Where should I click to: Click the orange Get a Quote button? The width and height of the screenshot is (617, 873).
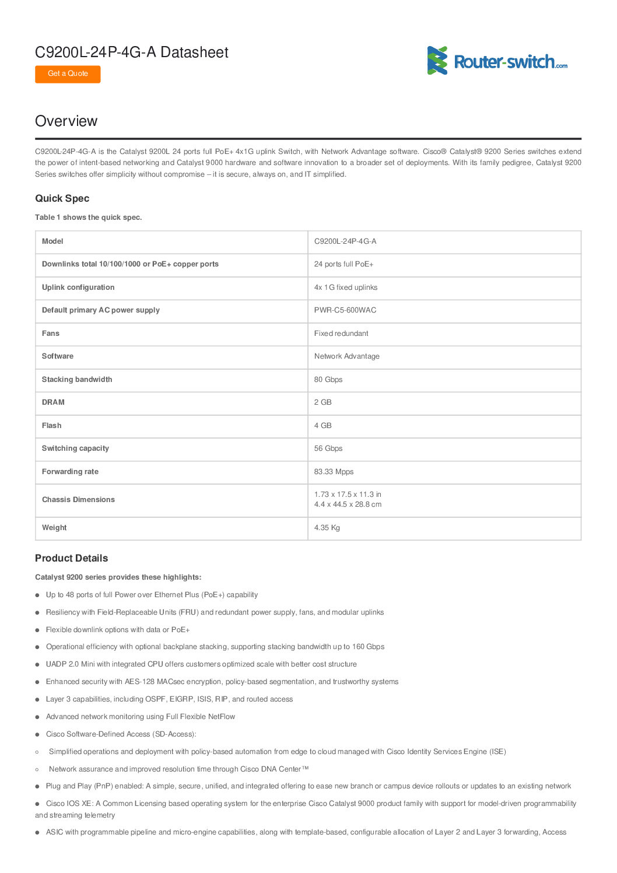(x=68, y=74)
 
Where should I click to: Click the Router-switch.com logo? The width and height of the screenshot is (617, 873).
(x=497, y=61)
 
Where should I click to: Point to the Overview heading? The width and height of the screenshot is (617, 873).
(x=66, y=121)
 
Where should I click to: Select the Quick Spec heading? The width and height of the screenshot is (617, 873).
(x=62, y=198)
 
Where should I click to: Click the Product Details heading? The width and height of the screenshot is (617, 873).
(x=71, y=558)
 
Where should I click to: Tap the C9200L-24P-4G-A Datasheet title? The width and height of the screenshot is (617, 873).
(x=131, y=52)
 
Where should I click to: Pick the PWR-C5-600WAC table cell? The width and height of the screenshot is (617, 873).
(x=345, y=310)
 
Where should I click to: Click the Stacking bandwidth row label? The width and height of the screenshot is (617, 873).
(x=77, y=380)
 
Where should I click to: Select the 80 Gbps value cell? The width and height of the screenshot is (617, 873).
(x=328, y=380)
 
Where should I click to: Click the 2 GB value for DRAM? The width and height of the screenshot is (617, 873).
(x=322, y=402)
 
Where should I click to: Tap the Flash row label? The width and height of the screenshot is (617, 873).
(x=51, y=426)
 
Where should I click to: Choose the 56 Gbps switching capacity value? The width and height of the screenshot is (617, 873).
(x=328, y=448)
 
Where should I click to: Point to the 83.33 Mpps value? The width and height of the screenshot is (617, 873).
(x=334, y=472)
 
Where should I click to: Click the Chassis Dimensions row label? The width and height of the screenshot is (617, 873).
(x=78, y=500)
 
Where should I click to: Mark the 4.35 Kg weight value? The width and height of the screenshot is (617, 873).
(x=327, y=528)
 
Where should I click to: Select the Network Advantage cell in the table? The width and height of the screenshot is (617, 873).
(x=346, y=356)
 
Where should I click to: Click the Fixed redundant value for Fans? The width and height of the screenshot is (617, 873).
(x=341, y=334)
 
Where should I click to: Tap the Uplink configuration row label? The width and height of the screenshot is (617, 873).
(x=78, y=288)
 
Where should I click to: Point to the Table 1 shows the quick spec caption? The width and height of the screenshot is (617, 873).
(x=88, y=218)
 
